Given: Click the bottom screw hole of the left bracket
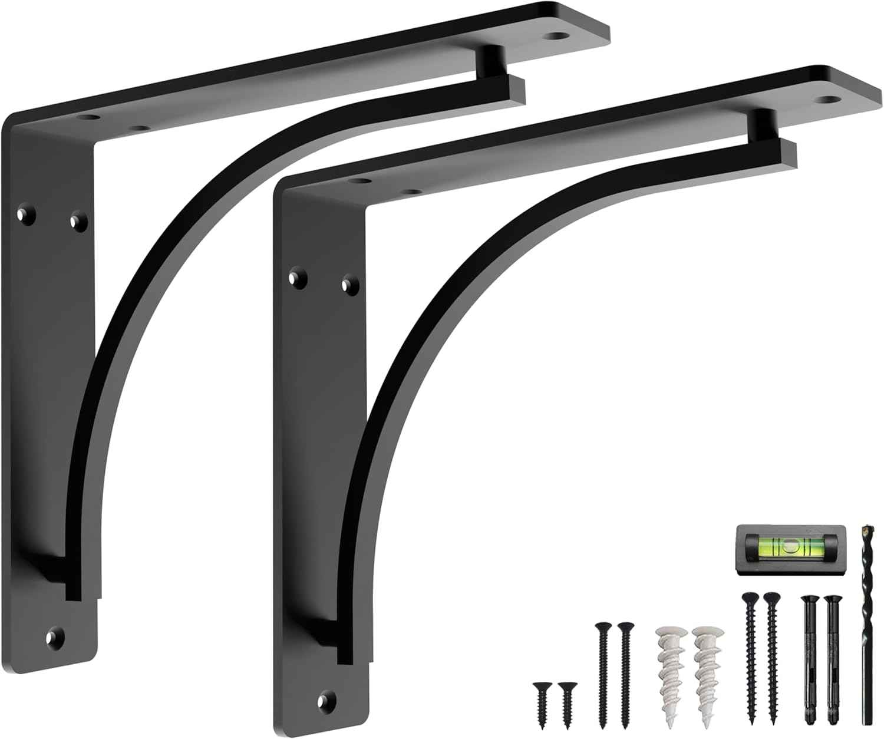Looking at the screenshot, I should (56, 636).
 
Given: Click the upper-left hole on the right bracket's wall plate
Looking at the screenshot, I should (295, 276).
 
